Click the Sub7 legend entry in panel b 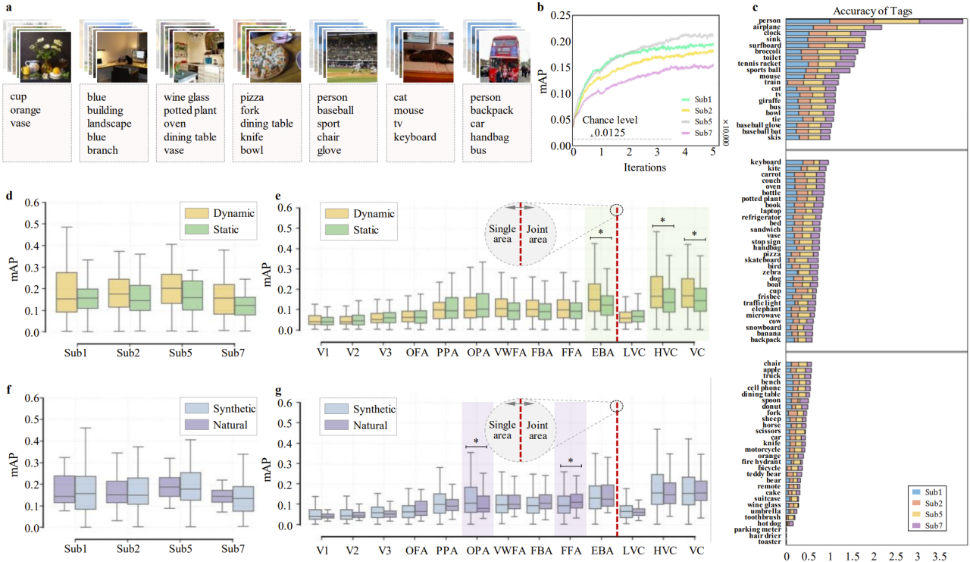click(699, 133)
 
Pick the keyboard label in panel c click(767, 162)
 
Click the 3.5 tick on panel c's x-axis click(940, 557)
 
